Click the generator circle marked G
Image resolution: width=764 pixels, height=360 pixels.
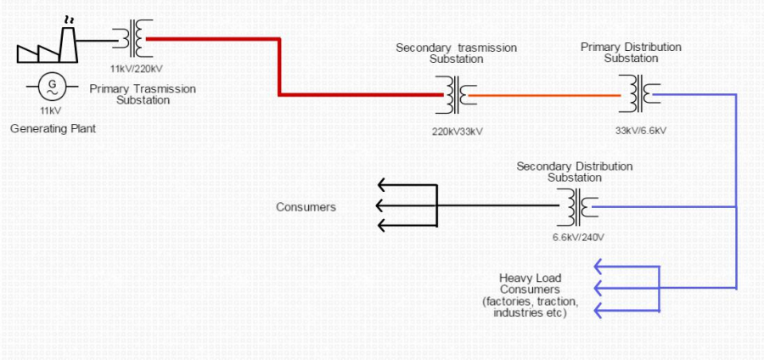click(51, 87)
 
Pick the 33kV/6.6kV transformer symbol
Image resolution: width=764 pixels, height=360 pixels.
click(639, 94)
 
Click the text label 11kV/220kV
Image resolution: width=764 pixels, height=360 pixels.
click(136, 69)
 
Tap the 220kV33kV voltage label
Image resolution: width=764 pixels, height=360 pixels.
click(457, 132)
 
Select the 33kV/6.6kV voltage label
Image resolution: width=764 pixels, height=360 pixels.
click(641, 131)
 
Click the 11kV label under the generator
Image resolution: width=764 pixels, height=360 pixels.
click(51, 110)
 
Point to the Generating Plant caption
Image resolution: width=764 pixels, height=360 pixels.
click(53, 129)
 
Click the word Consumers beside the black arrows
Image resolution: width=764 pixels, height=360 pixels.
click(306, 207)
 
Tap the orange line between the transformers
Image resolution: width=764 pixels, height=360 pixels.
click(544, 95)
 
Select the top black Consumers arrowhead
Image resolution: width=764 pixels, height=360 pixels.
click(384, 185)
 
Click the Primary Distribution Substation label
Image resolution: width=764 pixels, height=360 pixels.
click(631, 53)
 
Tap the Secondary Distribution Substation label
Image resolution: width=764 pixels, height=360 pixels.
click(575, 172)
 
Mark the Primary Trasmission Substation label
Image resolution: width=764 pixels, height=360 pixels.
click(143, 94)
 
